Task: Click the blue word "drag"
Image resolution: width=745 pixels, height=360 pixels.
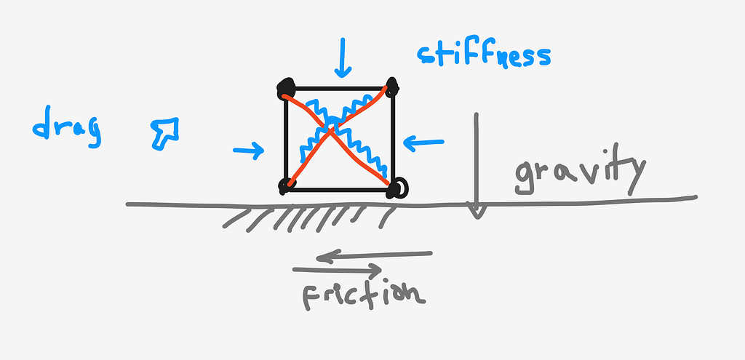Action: click(x=66, y=127)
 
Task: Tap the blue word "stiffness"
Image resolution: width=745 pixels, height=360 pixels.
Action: click(x=484, y=55)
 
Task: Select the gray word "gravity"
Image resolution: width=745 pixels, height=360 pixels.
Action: click(x=581, y=170)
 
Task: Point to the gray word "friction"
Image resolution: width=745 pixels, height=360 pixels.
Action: click(x=364, y=296)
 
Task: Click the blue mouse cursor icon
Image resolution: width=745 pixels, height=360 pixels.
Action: click(x=165, y=133)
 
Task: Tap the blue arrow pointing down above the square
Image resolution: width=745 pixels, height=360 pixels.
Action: click(x=342, y=57)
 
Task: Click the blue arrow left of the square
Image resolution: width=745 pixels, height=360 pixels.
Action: click(x=249, y=151)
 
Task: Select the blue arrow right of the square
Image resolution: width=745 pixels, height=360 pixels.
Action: click(x=423, y=143)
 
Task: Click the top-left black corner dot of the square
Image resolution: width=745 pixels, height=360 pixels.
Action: click(x=286, y=88)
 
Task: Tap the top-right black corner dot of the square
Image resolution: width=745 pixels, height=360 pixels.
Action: click(x=392, y=87)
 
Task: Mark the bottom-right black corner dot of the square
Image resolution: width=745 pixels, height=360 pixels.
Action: click(x=397, y=188)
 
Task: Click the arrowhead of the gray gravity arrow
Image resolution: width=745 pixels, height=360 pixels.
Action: click(x=477, y=210)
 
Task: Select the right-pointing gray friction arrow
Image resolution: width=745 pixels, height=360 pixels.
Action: click(x=338, y=270)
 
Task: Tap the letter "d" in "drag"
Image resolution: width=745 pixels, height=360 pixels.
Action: click(x=42, y=124)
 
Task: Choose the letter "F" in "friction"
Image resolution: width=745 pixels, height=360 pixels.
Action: click(x=311, y=297)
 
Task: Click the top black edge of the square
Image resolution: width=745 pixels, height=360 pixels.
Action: click(x=339, y=88)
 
